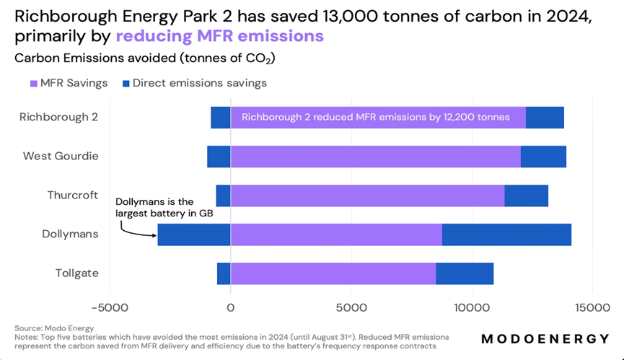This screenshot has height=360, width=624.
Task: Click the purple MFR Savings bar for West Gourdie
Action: [375, 157]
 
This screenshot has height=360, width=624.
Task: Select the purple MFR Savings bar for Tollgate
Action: [333, 273]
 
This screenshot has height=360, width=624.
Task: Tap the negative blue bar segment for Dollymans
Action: [194, 234]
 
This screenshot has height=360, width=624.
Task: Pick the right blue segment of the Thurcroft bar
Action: [526, 196]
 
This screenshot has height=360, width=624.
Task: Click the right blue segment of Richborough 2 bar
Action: [545, 118]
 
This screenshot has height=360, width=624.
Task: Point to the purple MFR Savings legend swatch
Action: [33, 83]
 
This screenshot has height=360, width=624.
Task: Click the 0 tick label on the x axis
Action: [231, 307]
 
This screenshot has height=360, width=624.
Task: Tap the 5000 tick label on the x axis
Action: [351, 307]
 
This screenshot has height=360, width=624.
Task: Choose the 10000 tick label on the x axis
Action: [472, 307]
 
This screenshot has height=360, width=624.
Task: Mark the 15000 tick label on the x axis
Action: [592, 307]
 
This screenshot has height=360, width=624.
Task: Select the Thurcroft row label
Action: [73, 196]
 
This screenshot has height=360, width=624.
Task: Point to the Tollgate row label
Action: [77, 273]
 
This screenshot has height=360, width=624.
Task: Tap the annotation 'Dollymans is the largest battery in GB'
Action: [164, 207]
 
